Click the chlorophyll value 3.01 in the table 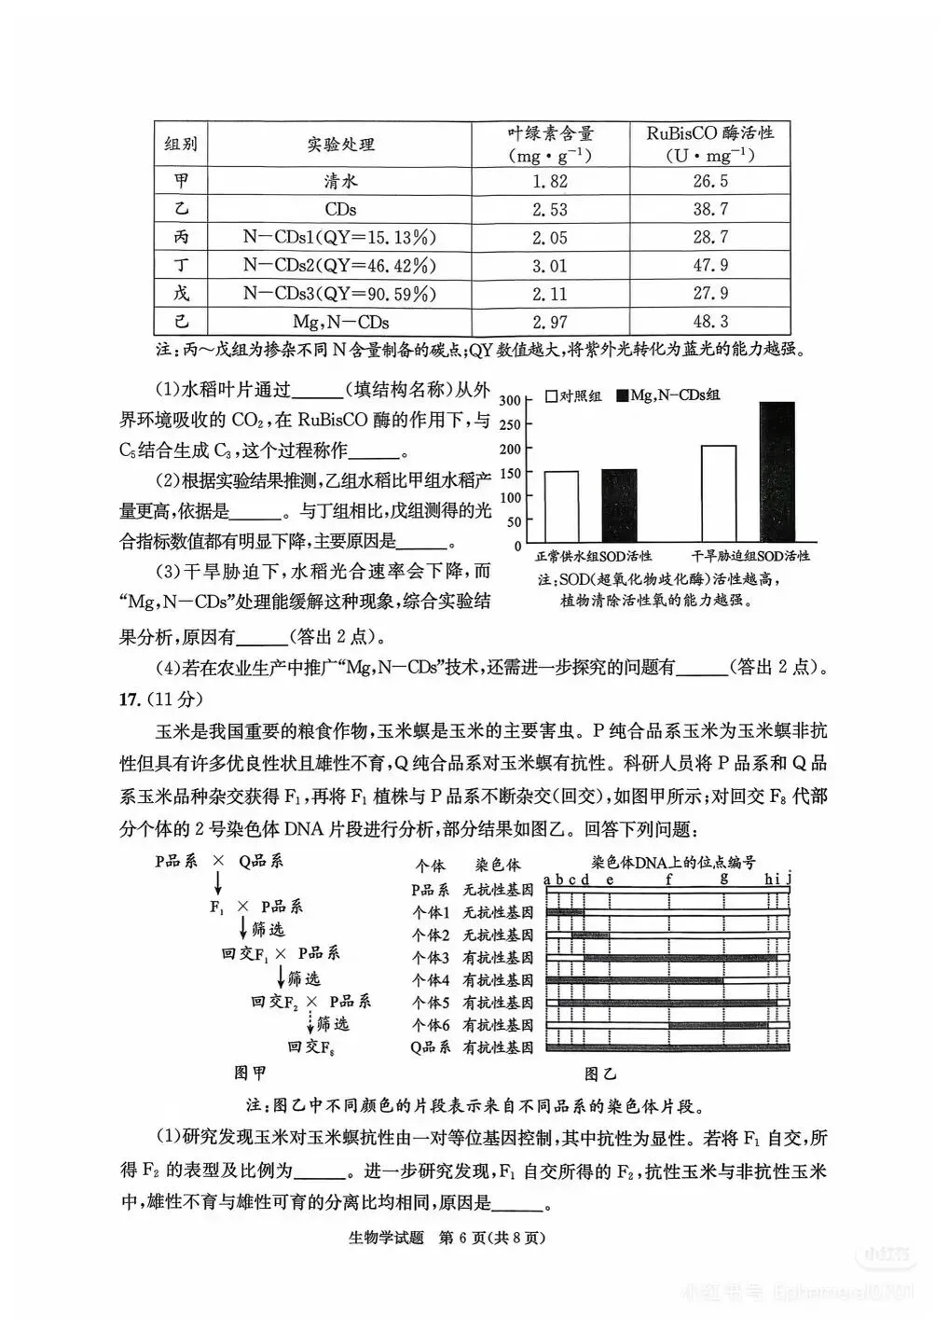coord(549,266)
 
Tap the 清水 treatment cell coord(340,182)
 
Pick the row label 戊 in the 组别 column coord(181,294)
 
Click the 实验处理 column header coord(340,145)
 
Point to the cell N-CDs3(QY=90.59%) coord(340,294)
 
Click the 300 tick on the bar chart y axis coord(509,400)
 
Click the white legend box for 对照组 coord(552,395)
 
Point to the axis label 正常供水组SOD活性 coord(593,556)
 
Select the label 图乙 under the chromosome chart coord(600,1074)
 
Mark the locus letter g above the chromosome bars coord(723,878)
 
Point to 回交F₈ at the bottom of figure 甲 coord(311,1047)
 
